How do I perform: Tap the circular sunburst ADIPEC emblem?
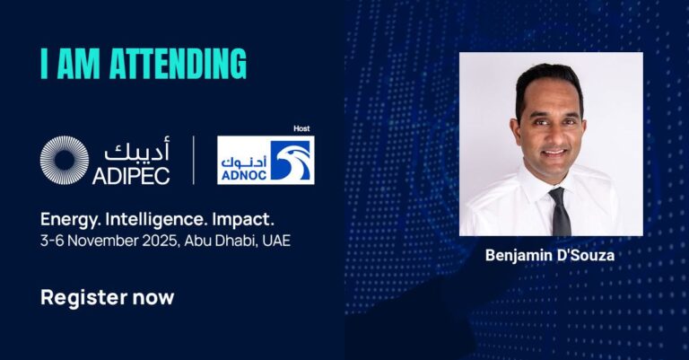65,161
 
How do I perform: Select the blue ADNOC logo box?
266,161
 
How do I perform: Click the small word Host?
302,128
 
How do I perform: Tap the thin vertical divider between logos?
194,161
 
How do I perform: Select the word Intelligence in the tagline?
159,219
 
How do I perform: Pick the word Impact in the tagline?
246,219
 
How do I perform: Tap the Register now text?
107,296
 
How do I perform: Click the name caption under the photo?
551,255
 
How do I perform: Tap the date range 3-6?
51,241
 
